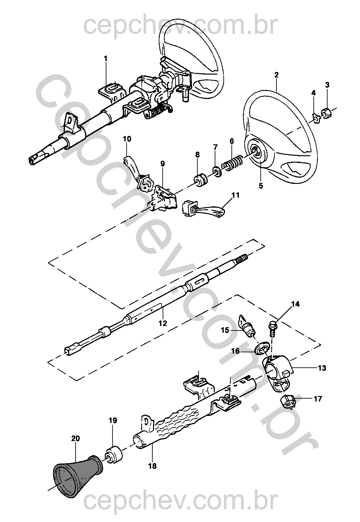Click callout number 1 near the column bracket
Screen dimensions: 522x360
point(105,59)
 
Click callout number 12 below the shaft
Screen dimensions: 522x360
point(163,323)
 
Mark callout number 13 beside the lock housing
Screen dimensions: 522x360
point(322,368)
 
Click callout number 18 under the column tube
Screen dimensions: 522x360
point(152,466)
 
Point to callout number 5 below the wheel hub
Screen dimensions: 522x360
point(260,185)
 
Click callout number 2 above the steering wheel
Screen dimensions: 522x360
point(276,75)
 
